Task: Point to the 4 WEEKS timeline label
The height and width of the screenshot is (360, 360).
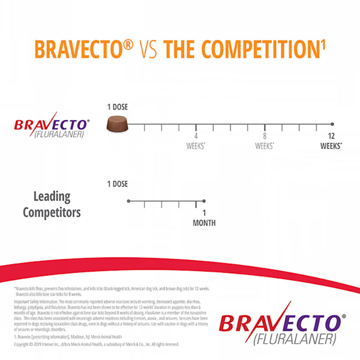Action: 196,141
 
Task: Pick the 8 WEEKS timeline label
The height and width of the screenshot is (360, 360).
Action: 265,141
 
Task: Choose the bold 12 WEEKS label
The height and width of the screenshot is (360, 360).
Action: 331,141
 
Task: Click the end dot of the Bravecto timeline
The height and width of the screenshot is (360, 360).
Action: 332,124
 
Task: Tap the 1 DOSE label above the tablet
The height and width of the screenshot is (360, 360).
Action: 117,107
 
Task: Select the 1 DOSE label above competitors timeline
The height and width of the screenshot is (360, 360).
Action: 117,184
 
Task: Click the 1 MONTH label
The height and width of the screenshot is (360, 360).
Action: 204,218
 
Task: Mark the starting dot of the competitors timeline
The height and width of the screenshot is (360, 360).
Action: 129,201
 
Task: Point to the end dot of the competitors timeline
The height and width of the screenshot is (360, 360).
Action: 204,201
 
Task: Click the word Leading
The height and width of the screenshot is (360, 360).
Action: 52,197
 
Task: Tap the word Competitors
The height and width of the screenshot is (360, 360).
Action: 52,212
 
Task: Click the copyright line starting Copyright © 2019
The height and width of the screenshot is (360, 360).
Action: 96,345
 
